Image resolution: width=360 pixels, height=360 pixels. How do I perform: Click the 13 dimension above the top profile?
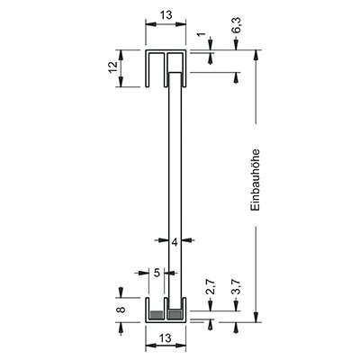point(166,14)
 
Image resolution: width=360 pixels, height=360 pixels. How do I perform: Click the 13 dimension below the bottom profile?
point(165,338)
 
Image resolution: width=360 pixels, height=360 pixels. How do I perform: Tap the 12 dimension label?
point(112,67)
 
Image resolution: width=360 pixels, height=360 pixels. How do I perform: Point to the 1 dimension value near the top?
point(202,34)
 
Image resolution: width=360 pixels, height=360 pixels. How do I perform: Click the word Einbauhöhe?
point(256,180)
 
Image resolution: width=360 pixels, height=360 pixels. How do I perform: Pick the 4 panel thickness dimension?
point(175,242)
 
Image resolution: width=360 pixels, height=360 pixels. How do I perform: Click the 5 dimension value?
point(157,273)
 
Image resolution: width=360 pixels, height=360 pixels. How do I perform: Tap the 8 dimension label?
point(121,310)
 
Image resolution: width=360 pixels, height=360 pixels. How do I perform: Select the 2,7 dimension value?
point(211,287)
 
